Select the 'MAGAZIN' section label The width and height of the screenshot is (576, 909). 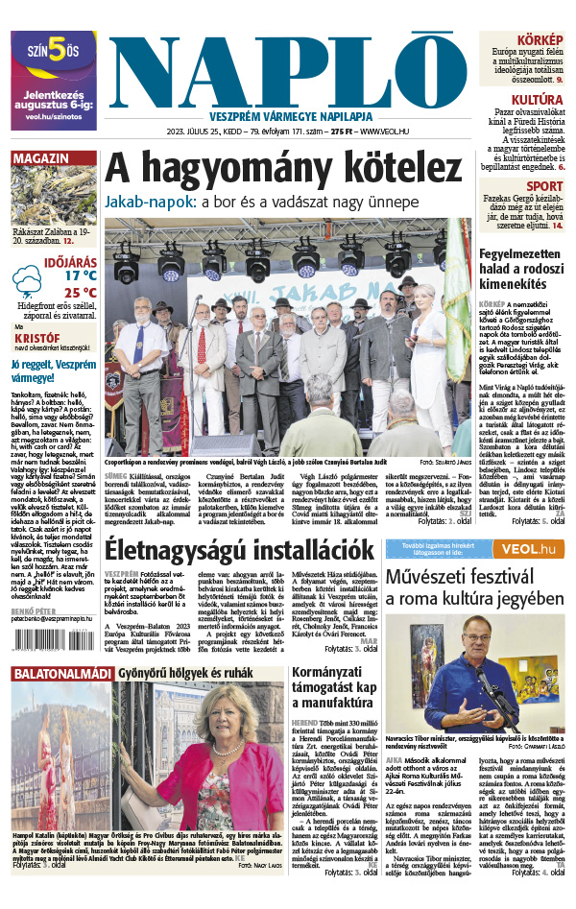(39, 158)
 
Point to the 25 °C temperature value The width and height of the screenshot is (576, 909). (80, 293)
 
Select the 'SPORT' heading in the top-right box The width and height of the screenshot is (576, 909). (544, 186)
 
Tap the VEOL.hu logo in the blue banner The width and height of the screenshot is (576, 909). (534, 548)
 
